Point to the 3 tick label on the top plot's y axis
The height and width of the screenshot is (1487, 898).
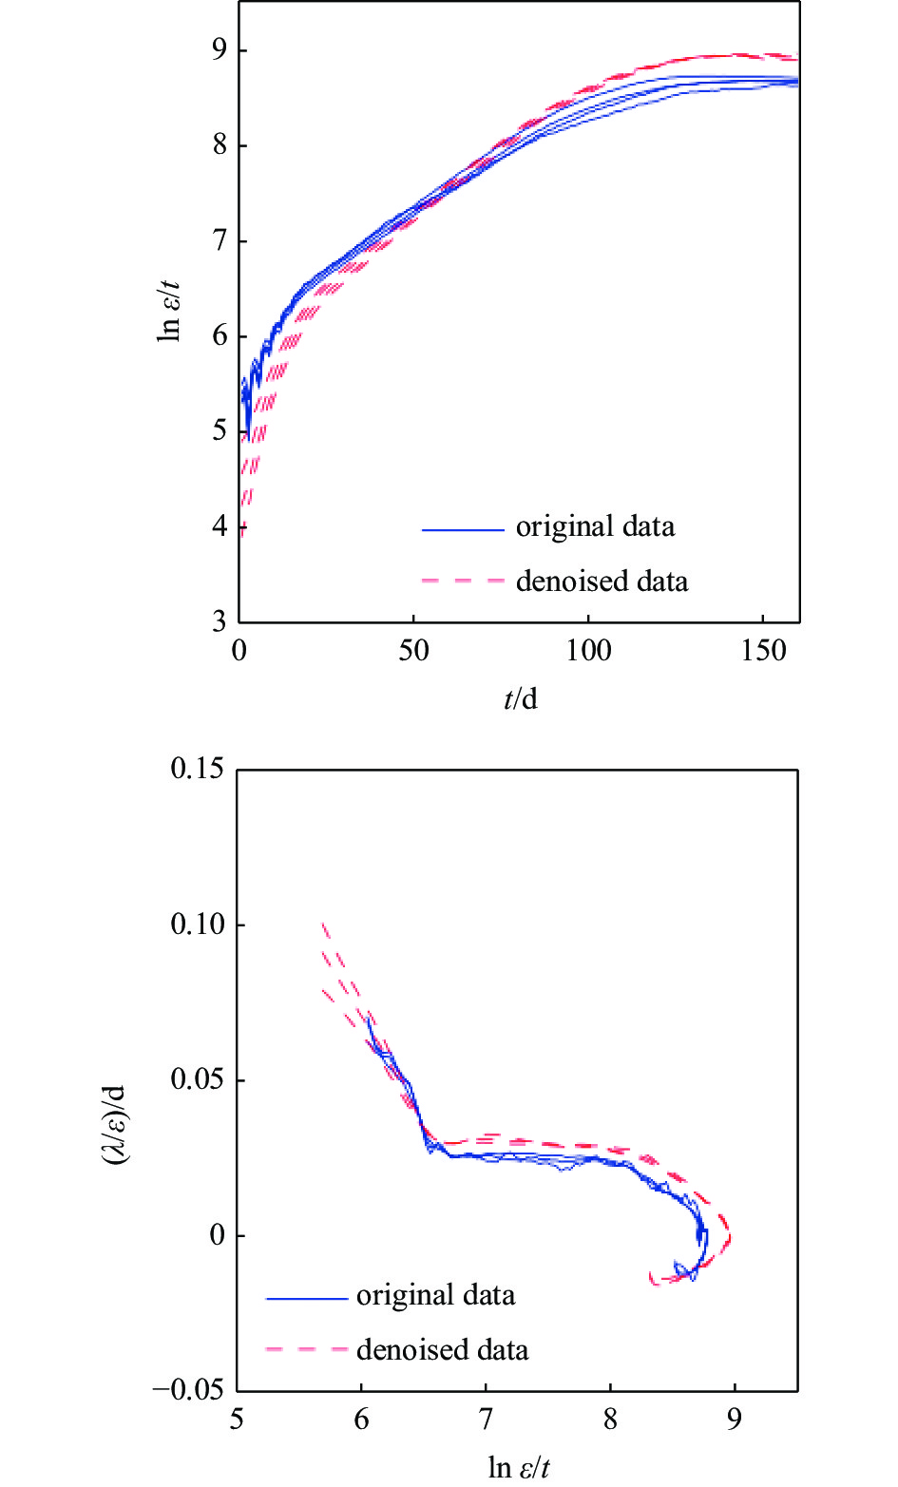(219, 621)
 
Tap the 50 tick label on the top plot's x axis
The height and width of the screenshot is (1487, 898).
(413, 651)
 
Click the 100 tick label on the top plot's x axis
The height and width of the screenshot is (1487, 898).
(588, 651)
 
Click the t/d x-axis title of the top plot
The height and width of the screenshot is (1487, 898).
(520, 700)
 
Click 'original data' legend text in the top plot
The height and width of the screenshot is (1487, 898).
(595, 526)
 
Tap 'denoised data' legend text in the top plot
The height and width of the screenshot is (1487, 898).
(602, 581)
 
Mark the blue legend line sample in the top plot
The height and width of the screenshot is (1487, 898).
(463, 529)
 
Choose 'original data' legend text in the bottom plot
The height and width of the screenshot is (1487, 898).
(435, 1295)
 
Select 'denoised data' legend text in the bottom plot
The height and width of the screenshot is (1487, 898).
(442, 1349)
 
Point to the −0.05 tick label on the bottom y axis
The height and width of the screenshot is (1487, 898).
(189, 1390)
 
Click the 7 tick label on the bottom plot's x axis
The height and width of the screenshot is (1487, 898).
(486, 1420)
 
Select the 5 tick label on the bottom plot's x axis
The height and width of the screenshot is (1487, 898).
(237, 1420)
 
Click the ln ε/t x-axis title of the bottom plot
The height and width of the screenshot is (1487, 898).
(519, 1468)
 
